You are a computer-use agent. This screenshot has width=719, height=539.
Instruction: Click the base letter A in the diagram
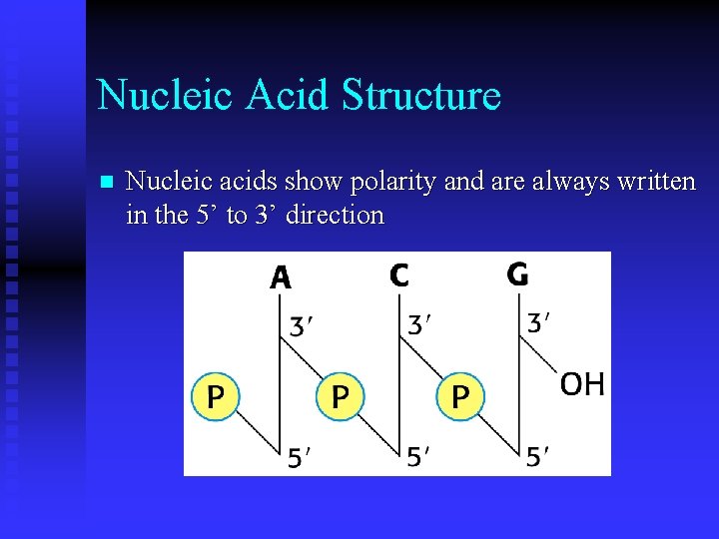pos(281,276)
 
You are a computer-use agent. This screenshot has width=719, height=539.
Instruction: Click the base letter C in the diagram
pos(399,274)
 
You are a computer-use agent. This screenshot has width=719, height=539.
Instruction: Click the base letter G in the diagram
pos(517,273)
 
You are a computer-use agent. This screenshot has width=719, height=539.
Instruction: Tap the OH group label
pos(581,384)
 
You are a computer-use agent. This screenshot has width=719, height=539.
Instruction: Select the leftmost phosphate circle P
pos(216,396)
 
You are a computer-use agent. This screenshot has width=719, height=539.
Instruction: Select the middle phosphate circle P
pos(340,396)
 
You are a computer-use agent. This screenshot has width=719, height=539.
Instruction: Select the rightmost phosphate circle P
pos(459,396)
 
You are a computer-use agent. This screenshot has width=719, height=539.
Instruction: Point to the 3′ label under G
pos(541,323)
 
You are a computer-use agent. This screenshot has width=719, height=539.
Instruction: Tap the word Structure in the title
pos(420,96)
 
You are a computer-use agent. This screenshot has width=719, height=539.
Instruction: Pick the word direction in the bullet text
pos(335,215)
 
